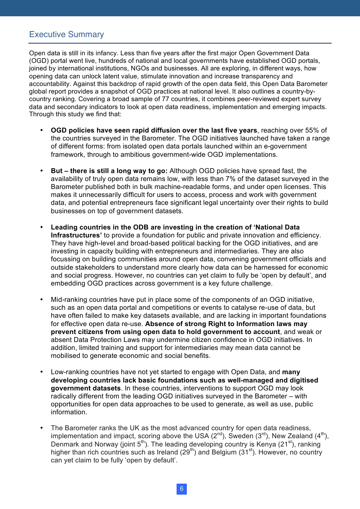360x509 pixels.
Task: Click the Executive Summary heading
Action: click(66, 34)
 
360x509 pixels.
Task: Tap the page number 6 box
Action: click(182, 489)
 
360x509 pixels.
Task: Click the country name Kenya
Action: click(265, 444)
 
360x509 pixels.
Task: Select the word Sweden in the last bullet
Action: click(241, 436)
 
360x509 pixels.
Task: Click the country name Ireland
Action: click(167, 452)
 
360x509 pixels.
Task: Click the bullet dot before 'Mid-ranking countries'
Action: click(42, 300)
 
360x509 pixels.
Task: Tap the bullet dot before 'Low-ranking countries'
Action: click(42, 372)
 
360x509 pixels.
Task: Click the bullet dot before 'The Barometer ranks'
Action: click(42, 428)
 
